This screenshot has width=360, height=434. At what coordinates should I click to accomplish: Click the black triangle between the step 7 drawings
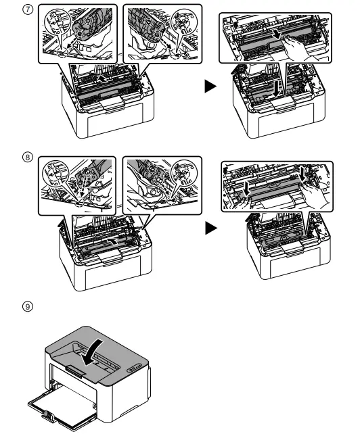pyautogui.click(x=210, y=87)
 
